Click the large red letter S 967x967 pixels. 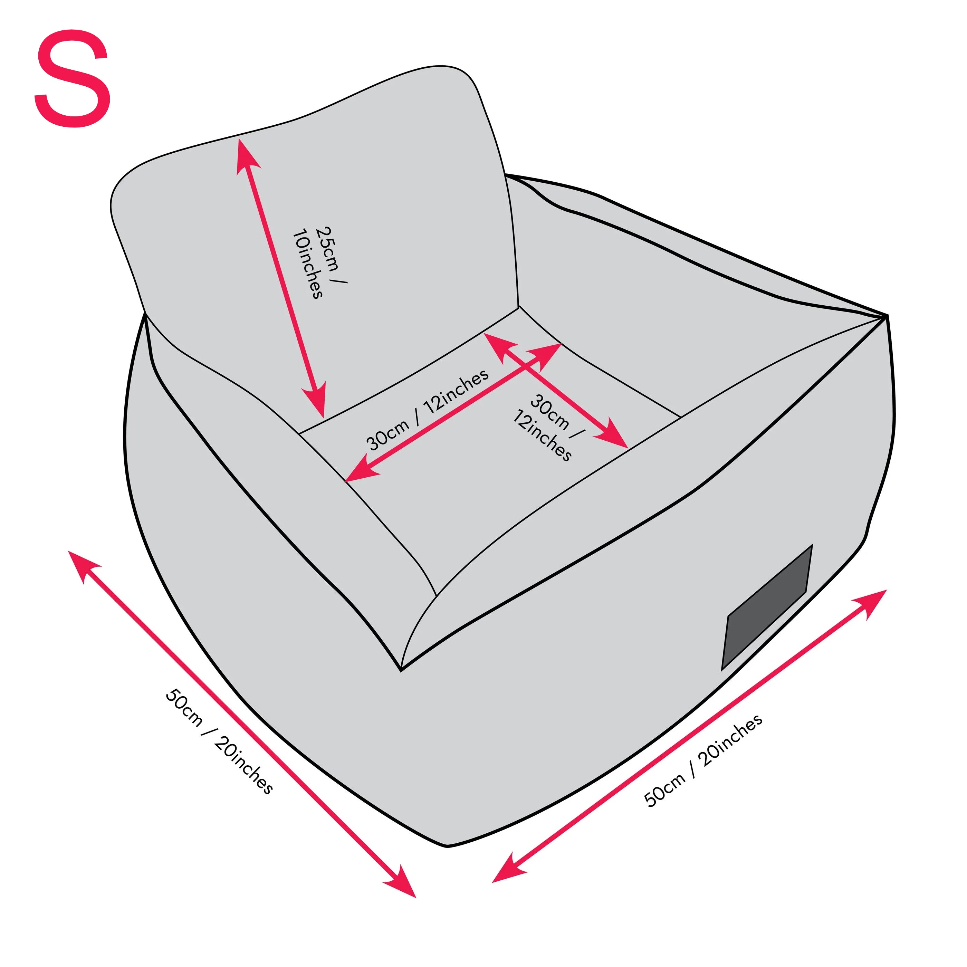click(73, 79)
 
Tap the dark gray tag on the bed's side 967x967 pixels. click(767, 607)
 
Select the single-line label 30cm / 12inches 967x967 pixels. click(427, 410)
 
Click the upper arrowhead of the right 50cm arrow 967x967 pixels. click(871, 603)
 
